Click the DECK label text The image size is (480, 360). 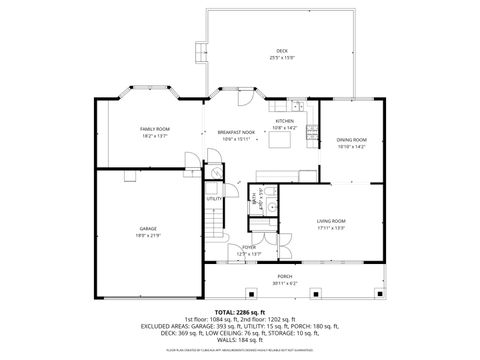(x=281, y=51)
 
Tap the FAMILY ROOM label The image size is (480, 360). (x=155, y=129)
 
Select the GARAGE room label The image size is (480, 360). (x=148, y=229)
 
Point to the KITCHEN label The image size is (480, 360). (x=285, y=121)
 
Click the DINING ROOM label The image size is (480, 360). (x=352, y=139)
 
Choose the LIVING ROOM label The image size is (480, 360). (x=332, y=220)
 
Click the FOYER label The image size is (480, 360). (x=248, y=247)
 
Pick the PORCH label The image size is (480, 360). (x=285, y=276)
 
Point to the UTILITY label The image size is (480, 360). (x=214, y=198)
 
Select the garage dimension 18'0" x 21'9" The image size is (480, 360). (x=148, y=236)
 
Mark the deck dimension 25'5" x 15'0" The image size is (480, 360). (x=281, y=58)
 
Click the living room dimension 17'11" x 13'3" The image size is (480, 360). (x=332, y=227)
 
